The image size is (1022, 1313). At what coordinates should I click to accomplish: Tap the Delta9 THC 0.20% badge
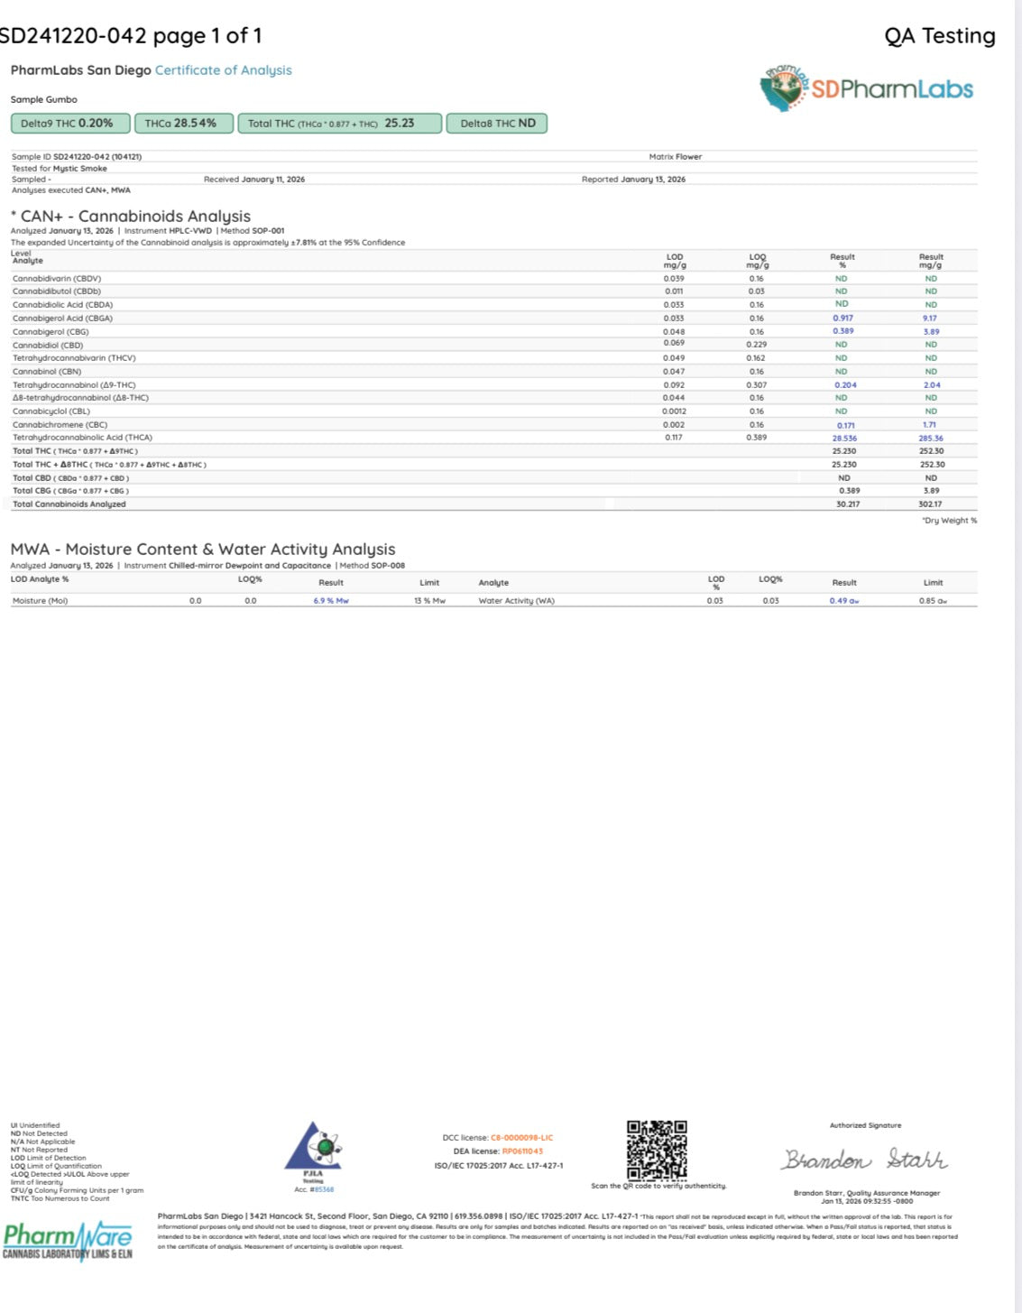coord(68,124)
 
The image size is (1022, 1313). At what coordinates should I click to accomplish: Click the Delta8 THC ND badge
coord(497,124)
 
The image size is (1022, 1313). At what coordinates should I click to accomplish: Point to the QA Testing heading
coord(939,36)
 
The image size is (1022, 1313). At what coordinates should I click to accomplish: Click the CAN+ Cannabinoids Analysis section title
coord(131,217)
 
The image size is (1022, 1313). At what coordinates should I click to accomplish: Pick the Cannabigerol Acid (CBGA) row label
coord(63,319)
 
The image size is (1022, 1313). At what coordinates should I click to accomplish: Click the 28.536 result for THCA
coord(844,439)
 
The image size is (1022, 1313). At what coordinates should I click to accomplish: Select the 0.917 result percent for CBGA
coord(842,319)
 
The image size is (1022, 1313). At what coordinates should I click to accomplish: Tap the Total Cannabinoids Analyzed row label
coord(69,504)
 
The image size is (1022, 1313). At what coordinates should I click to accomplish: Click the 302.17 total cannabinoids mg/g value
coord(930,504)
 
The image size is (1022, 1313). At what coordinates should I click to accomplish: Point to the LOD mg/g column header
coord(675,261)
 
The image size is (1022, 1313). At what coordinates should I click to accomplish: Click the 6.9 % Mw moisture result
coord(331,601)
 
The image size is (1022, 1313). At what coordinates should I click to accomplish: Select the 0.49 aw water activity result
coord(844,601)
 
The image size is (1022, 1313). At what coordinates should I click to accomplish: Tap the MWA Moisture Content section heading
coord(203,550)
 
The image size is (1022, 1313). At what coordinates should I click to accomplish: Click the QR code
coord(657,1150)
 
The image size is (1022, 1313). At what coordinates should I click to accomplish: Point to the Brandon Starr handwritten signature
coord(864,1160)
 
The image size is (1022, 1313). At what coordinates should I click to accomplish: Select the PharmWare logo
coord(68,1239)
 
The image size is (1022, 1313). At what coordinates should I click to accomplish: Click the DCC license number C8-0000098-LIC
coord(521,1138)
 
